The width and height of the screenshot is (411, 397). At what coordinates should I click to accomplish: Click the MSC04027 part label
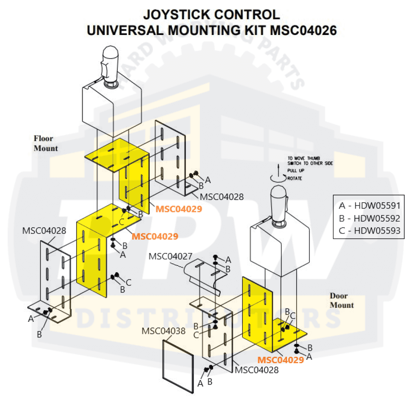coord(171,256)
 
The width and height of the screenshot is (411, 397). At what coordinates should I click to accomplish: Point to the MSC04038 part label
coord(163,331)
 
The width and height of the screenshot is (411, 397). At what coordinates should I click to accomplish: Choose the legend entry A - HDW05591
coord(370,206)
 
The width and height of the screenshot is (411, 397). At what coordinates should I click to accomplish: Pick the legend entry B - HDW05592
coord(370,218)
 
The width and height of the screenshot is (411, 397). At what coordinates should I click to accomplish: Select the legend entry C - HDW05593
coord(370,231)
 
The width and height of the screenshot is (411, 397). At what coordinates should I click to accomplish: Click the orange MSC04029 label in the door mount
coord(281,360)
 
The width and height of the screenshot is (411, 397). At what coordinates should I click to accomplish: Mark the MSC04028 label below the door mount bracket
coord(257,370)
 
